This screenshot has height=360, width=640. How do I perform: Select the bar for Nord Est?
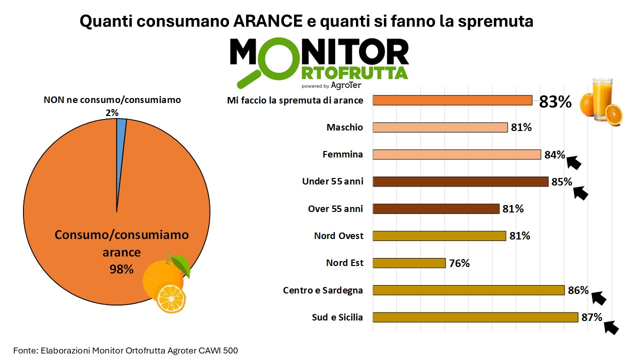[x=409, y=263]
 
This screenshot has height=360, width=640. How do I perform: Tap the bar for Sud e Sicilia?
[x=475, y=317]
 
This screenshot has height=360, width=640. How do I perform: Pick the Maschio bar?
[x=440, y=127]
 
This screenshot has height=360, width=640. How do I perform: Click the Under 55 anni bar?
[x=460, y=181]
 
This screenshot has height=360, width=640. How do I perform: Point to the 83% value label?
[x=555, y=102]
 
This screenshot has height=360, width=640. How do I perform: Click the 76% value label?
[x=459, y=263]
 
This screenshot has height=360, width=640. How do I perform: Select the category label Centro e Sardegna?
[x=323, y=290]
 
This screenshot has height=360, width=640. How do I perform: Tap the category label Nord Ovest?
[x=338, y=235]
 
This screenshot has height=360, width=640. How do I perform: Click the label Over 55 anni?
[x=335, y=208]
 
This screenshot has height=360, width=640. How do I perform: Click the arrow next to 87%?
[x=611, y=327]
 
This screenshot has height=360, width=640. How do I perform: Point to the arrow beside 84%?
[x=573, y=162]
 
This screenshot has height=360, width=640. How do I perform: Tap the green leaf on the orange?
[x=180, y=265]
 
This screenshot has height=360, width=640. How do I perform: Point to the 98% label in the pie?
[x=121, y=269]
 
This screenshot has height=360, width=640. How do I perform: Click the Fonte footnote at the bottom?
[x=129, y=350]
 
